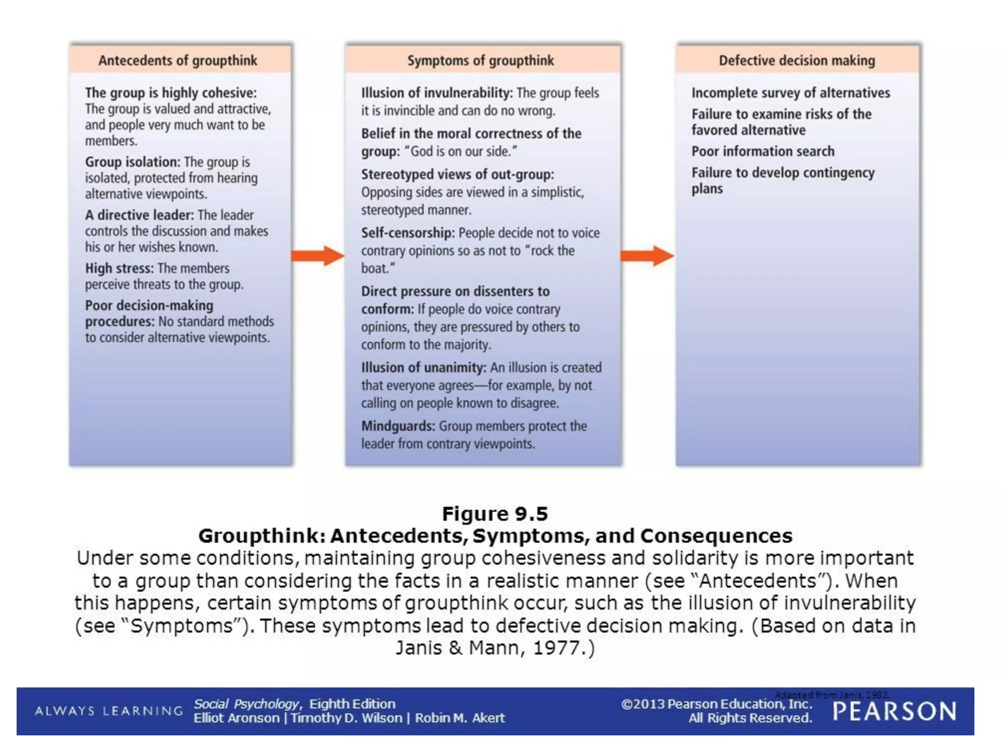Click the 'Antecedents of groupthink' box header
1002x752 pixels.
tap(178, 60)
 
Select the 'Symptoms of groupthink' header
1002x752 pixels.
tap(480, 60)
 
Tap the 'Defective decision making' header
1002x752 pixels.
tap(797, 60)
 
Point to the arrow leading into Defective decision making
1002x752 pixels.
tap(647, 256)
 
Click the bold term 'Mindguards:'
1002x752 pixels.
tap(398, 426)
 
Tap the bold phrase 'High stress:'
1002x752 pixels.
tap(119, 268)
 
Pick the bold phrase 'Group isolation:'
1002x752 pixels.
tap(133, 162)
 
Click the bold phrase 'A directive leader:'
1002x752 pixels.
tap(139, 215)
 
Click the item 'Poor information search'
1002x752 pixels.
tap(763, 151)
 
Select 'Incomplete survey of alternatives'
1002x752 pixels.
tap(791, 93)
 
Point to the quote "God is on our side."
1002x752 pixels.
tap(460, 151)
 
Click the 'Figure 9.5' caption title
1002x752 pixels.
tap(495, 514)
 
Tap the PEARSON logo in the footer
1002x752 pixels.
tap(894, 711)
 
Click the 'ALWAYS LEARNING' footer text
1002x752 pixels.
tap(109, 711)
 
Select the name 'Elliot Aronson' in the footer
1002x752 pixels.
tap(236, 718)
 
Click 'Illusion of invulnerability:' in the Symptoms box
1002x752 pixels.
tap(437, 93)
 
